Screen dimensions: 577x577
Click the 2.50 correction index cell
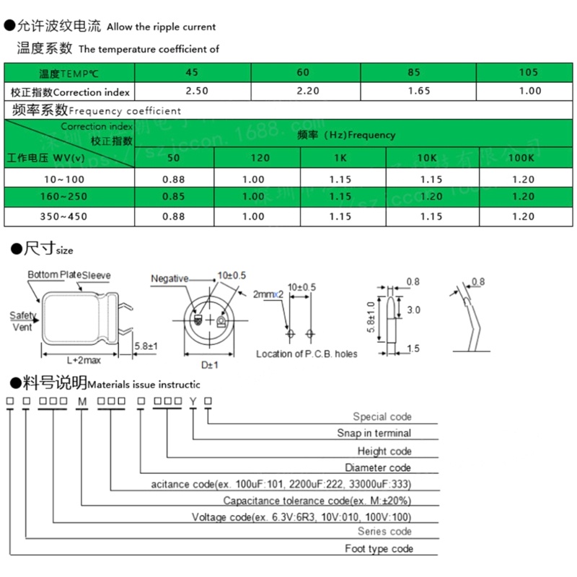(x=197, y=91)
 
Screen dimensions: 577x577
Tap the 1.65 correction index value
(x=419, y=91)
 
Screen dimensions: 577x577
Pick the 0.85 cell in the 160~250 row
(x=174, y=197)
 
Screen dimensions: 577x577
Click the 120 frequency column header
(x=260, y=158)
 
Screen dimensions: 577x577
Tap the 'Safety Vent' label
(x=23, y=322)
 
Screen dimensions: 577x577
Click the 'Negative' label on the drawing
(x=169, y=278)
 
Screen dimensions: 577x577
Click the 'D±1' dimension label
(x=208, y=365)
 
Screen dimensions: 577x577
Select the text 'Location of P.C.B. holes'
(x=307, y=353)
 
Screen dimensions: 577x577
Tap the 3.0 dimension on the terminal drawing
(x=413, y=309)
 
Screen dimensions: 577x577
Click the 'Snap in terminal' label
(x=374, y=433)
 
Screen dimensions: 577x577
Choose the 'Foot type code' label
(x=379, y=549)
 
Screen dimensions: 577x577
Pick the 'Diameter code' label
(x=377, y=468)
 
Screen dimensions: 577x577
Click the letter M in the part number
(x=82, y=401)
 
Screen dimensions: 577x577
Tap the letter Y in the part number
(x=193, y=401)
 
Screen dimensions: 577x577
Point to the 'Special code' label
(x=382, y=416)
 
